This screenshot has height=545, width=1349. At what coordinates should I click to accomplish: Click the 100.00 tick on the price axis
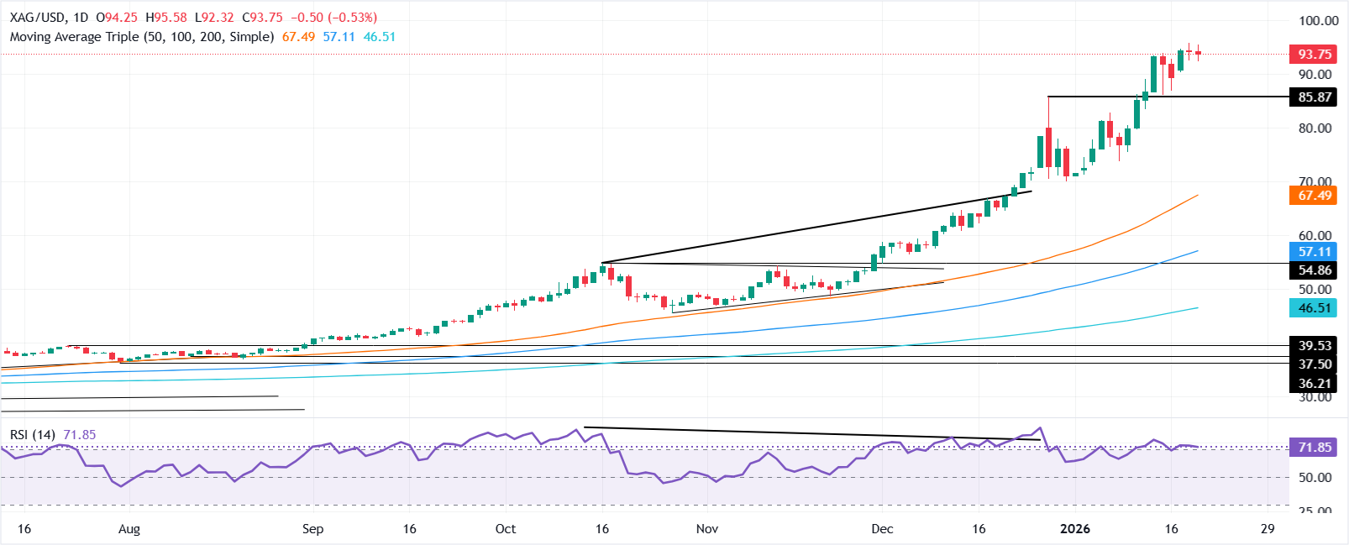[x=1318, y=21]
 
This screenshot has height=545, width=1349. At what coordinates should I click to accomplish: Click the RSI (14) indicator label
[x=33, y=434]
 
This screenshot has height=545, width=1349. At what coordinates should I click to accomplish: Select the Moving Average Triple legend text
[x=142, y=37]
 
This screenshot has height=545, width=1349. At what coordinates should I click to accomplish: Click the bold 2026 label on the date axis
[x=1075, y=528]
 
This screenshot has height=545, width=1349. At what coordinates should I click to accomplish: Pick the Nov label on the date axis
[x=707, y=529]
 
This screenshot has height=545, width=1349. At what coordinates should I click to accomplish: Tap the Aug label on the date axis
[x=129, y=529]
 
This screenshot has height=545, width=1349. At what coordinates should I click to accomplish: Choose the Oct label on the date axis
[x=506, y=529]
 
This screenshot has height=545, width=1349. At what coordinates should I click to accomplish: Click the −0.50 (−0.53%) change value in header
[x=333, y=17]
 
